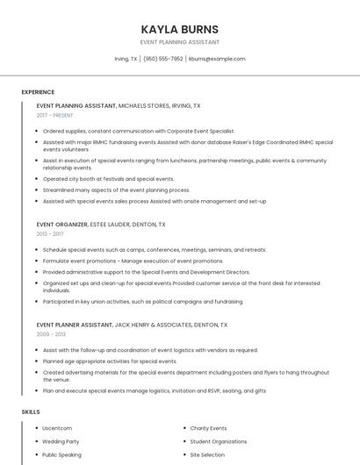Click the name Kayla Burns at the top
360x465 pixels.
tap(180, 29)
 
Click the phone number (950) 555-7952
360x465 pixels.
tap(162, 59)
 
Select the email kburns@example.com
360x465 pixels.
tap(217, 59)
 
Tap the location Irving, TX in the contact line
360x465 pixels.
tap(126, 59)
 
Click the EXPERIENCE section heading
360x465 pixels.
tap(38, 92)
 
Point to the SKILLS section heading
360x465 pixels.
tap(31, 411)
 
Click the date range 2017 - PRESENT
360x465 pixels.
tap(55, 115)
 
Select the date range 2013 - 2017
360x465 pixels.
tap(50, 234)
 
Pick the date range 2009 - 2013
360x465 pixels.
tap(51, 334)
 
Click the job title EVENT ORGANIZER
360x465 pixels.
tap(61, 225)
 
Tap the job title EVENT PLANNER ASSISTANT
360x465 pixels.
tap(76, 325)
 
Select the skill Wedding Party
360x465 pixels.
tap(61, 441)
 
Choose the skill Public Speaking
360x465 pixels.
tap(61, 455)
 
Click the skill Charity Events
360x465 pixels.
tap(208, 428)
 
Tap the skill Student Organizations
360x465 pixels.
tap(219, 441)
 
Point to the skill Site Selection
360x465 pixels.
tap(207, 455)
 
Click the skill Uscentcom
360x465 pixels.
tap(58, 428)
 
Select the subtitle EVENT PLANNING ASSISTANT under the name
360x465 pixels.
tap(180, 42)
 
